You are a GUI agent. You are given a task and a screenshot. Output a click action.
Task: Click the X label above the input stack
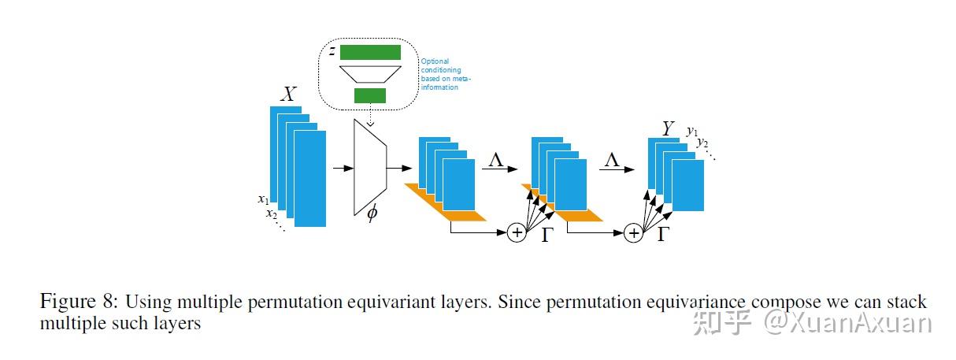click(x=288, y=95)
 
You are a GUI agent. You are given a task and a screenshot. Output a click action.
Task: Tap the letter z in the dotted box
click(x=332, y=52)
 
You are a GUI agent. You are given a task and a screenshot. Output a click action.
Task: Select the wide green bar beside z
click(x=370, y=53)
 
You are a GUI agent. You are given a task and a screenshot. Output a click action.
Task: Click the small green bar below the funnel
click(x=369, y=95)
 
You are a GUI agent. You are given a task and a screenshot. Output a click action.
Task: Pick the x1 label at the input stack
click(x=263, y=199)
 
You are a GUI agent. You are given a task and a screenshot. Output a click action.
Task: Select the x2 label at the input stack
click(x=271, y=213)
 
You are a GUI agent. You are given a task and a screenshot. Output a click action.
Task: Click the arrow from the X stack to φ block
click(x=343, y=168)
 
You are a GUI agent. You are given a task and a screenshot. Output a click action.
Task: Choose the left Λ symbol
click(x=496, y=159)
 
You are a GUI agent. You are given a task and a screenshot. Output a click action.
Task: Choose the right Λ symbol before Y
click(x=612, y=159)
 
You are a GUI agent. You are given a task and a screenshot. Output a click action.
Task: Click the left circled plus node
click(x=517, y=232)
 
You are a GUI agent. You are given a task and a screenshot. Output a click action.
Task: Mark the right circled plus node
click(x=633, y=232)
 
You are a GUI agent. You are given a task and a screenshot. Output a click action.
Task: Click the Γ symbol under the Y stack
click(x=662, y=233)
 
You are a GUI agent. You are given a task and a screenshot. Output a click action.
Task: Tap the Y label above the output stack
click(x=669, y=128)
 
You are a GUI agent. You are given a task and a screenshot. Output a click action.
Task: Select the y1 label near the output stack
click(x=692, y=131)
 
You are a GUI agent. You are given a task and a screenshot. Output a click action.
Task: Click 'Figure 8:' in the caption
click(x=77, y=302)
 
